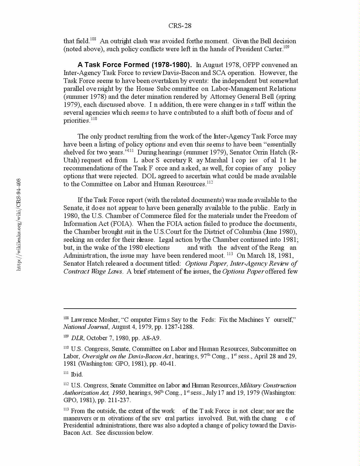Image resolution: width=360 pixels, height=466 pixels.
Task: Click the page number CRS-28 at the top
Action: pyautogui.click(x=180, y=26)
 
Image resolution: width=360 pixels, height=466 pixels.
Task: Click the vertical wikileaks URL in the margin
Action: pyautogui.click(x=19, y=224)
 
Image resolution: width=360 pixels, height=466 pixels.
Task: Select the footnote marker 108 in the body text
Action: pyautogui.click(x=93, y=39)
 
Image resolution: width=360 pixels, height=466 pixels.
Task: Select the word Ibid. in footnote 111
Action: pyautogui.click(x=77, y=375)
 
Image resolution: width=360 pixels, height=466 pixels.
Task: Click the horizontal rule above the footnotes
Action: pyautogui.click(x=180, y=309)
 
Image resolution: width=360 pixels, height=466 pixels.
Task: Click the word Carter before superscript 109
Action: pyautogui.click(x=273, y=49)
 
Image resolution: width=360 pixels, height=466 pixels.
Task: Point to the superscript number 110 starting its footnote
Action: pyautogui.click(x=66, y=347)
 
